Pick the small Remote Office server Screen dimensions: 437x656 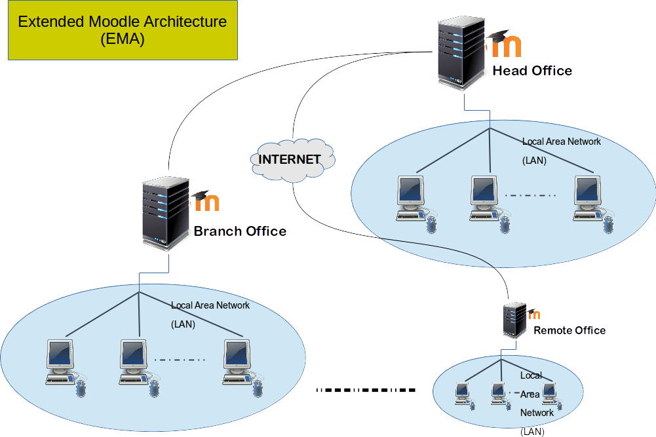tap(515, 320)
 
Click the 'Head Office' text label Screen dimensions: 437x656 tap(532, 71)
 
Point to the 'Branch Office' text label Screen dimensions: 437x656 tap(240, 231)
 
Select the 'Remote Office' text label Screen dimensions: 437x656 tap(569, 330)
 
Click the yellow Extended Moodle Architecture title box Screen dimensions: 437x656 tap(122, 30)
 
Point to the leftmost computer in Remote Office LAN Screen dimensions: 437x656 tap(463, 394)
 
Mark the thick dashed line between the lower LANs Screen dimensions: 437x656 tap(366, 390)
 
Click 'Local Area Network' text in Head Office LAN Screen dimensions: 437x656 tap(561, 142)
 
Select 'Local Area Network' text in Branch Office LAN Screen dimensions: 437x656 tap(210, 305)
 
